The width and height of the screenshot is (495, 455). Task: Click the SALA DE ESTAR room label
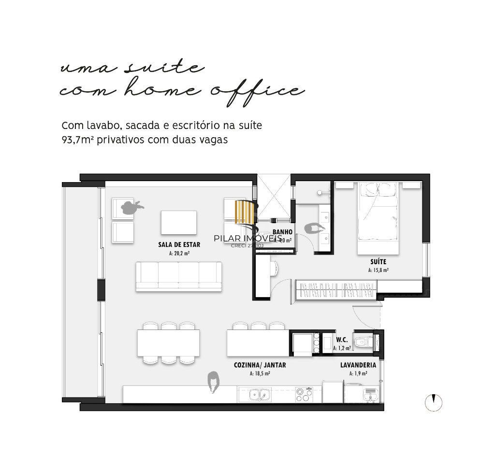pyautogui.click(x=179, y=245)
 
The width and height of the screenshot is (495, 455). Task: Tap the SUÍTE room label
pyautogui.click(x=378, y=261)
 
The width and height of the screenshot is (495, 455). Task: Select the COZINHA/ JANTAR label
pyautogui.click(x=260, y=365)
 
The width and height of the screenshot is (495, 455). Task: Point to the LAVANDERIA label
pyautogui.click(x=358, y=365)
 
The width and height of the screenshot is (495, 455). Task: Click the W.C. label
pyautogui.click(x=342, y=340)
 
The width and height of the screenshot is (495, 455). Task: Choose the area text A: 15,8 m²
pyautogui.click(x=378, y=270)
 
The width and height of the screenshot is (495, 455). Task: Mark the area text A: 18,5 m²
pyautogui.click(x=260, y=373)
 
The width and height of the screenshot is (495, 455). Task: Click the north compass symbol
pyautogui.click(x=434, y=402)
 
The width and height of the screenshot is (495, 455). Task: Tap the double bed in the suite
pyautogui.click(x=378, y=217)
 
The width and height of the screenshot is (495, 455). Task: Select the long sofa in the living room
pyautogui.click(x=178, y=276)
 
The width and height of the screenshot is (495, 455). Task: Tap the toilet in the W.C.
pyautogui.click(x=362, y=342)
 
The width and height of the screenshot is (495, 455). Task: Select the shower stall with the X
pyautogui.click(x=272, y=198)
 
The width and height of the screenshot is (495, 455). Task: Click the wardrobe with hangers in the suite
pyautogui.click(x=336, y=290)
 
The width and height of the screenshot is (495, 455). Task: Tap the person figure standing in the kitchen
pyautogui.click(x=213, y=381)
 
